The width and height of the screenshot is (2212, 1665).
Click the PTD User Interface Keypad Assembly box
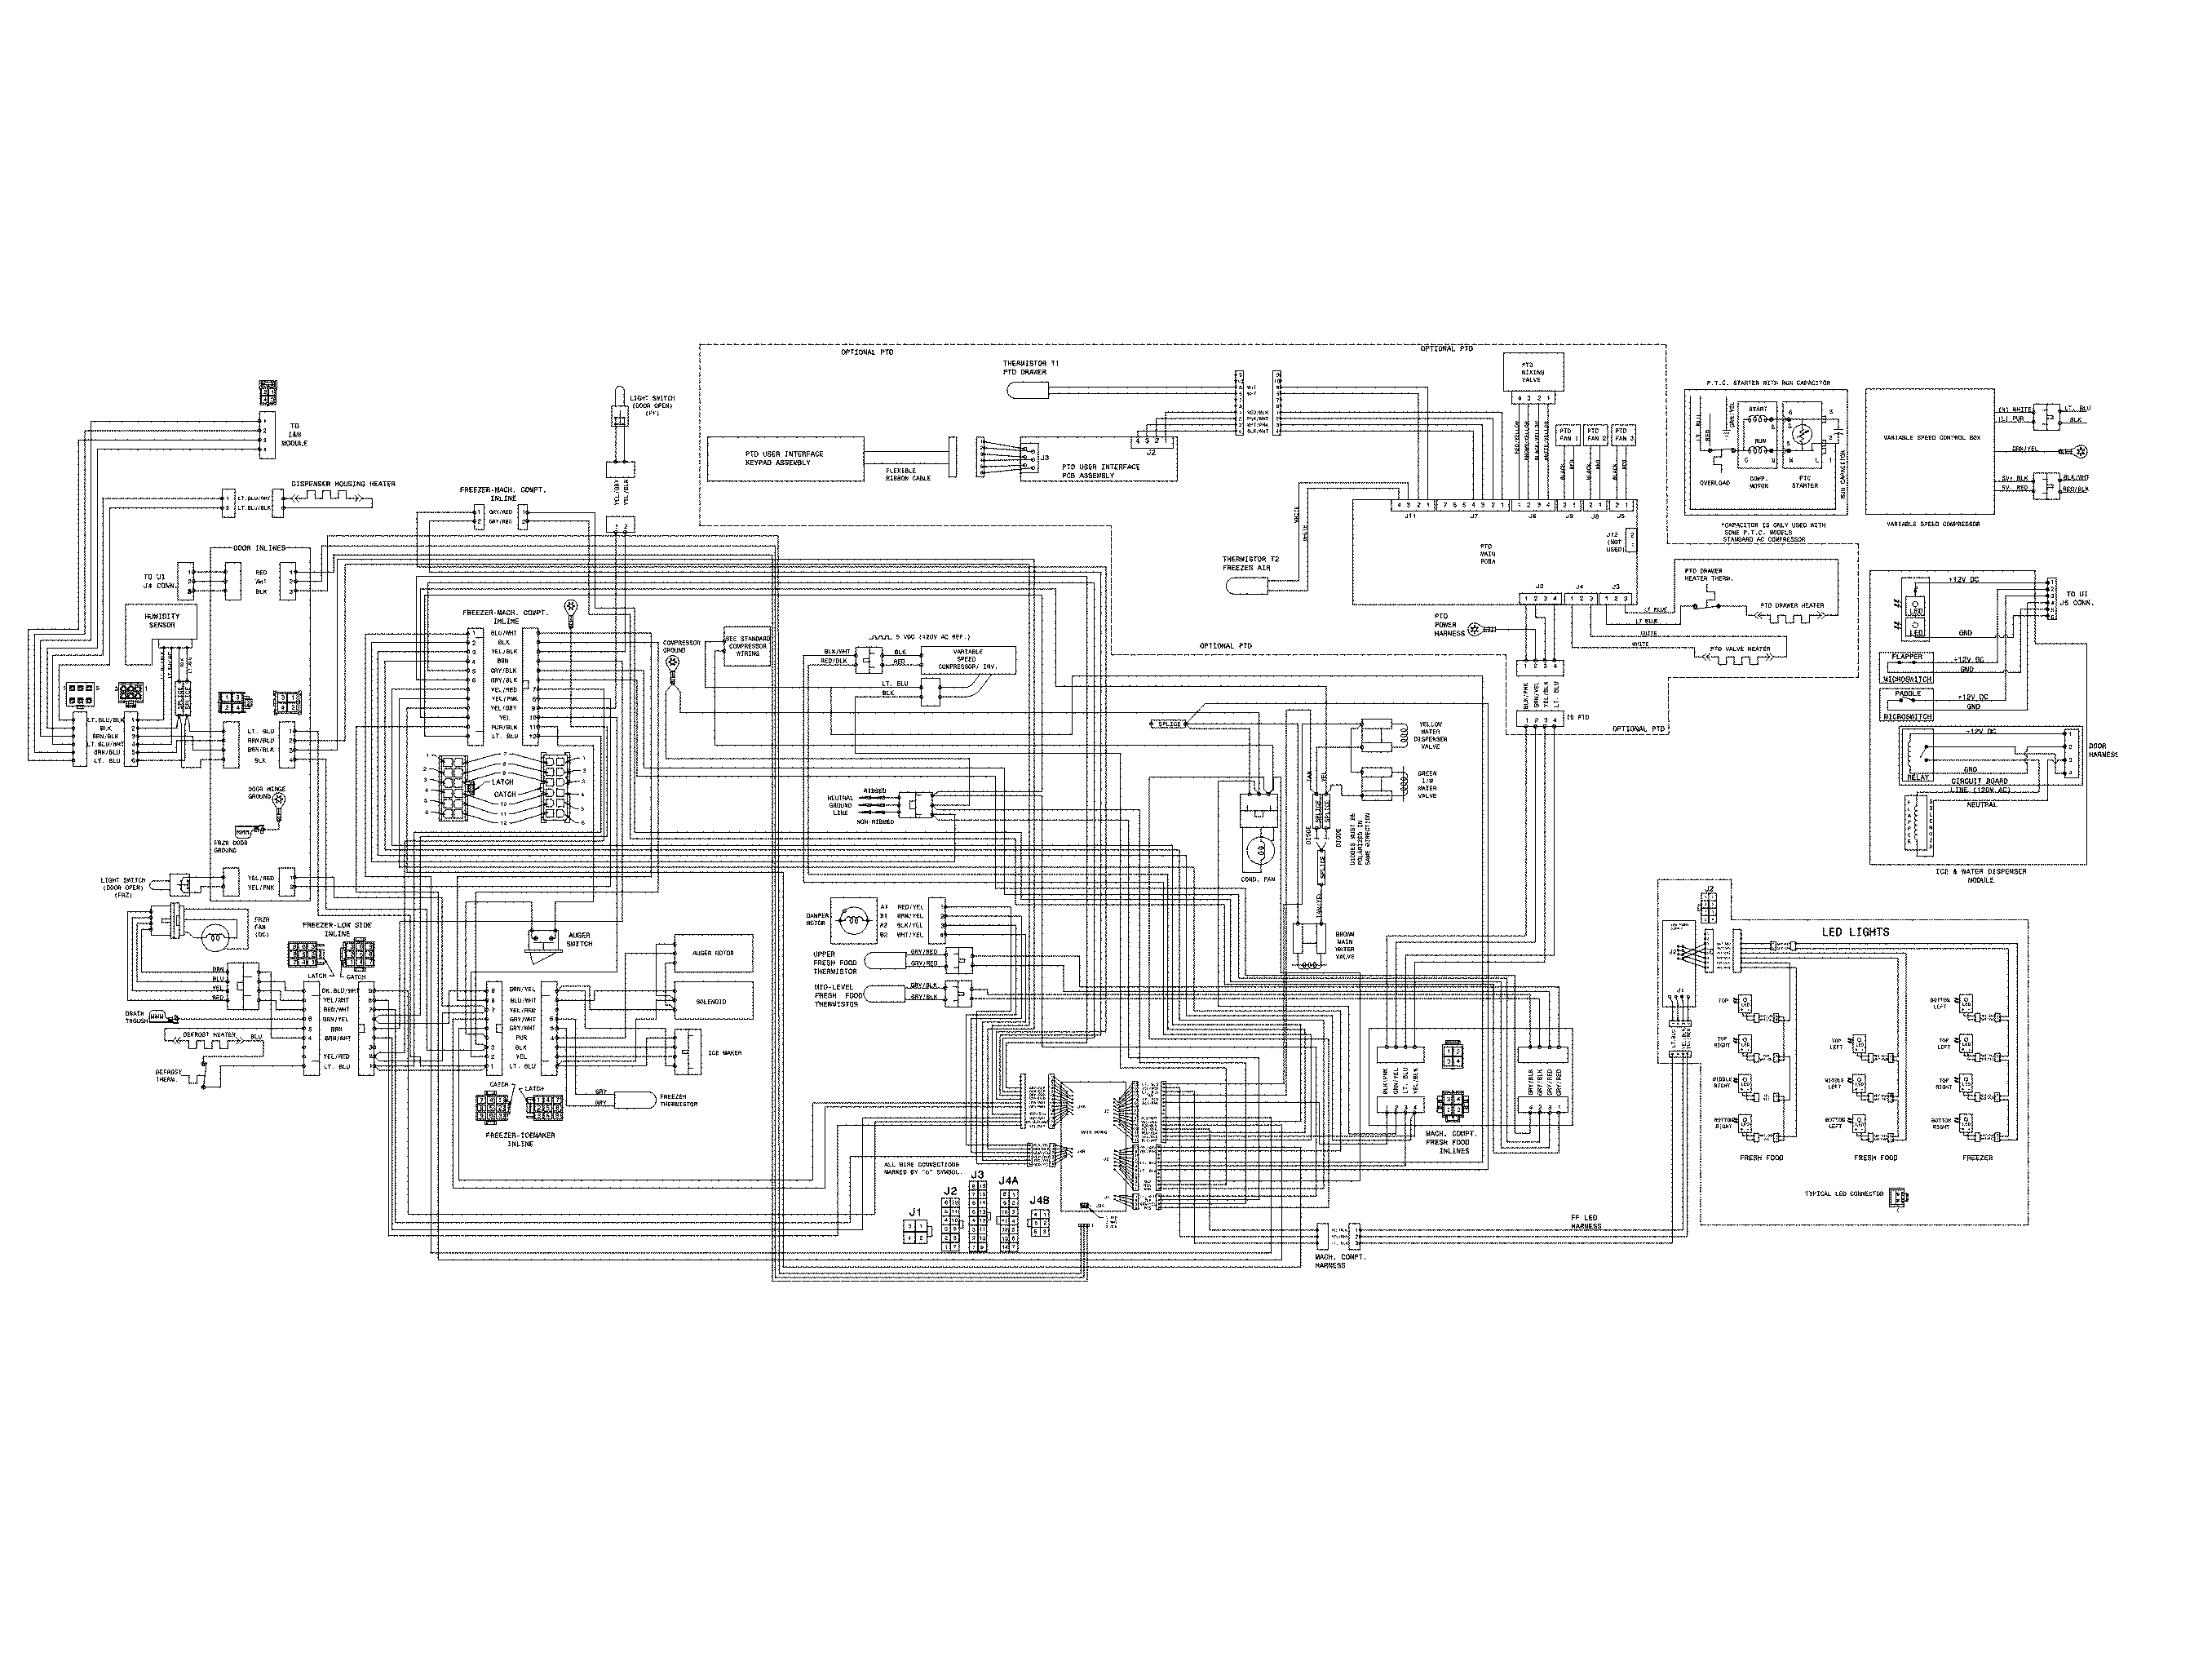pyautogui.click(x=785, y=458)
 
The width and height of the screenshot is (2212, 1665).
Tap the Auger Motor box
pyautogui.click(x=714, y=953)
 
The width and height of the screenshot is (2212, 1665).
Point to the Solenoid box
pyautogui.click(x=714, y=1001)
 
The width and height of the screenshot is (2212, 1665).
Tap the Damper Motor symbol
pyautogui.click(x=853, y=922)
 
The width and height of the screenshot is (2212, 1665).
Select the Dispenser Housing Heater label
pyautogui.click(x=343, y=484)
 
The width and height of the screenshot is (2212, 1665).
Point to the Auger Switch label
pyautogui.click(x=579, y=939)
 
